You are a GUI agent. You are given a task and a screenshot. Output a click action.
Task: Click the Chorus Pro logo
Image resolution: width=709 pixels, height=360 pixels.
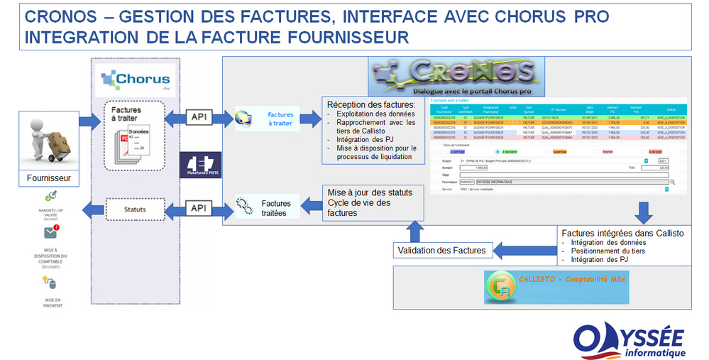pyautogui.click(x=134, y=80)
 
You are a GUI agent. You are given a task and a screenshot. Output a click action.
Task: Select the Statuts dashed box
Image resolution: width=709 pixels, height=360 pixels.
pyautogui.click(x=134, y=209)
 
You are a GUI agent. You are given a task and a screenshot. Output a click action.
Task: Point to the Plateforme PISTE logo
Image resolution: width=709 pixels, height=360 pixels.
pyautogui.click(x=201, y=165)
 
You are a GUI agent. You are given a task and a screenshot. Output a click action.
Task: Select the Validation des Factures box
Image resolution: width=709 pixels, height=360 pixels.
pyautogui.click(x=441, y=250)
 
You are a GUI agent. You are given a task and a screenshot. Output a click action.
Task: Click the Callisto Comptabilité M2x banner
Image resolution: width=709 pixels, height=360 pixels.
pyautogui.click(x=556, y=287)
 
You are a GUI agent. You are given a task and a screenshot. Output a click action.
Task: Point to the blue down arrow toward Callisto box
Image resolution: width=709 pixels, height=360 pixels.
pyautogui.click(x=644, y=211)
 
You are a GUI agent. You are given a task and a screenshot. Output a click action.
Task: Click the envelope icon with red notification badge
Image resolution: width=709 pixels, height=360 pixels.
pyautogui.click(x=50, y=233)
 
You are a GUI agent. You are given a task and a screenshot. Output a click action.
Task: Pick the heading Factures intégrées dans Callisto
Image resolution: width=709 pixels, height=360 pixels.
pyautogui.click(x=622, y=233)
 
